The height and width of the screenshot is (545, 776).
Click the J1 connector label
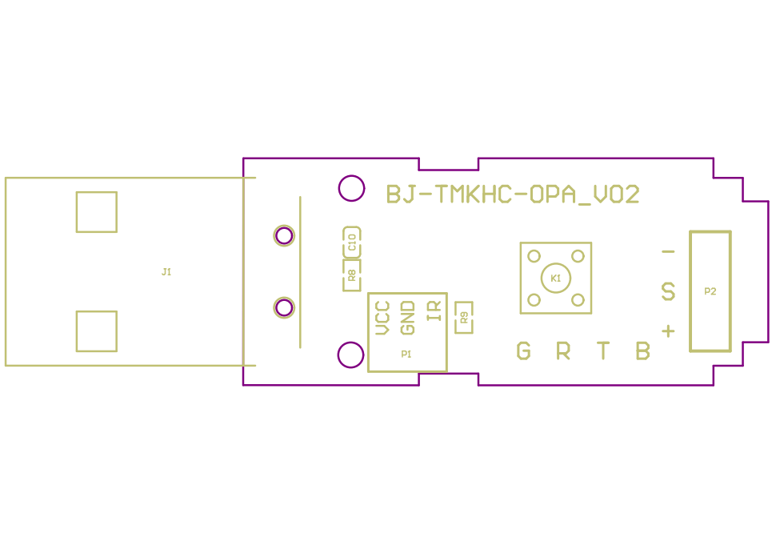[x=166, y=272]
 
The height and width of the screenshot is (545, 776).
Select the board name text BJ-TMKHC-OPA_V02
[x=513, y=194]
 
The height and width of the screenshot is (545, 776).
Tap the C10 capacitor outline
[x=352, y=242]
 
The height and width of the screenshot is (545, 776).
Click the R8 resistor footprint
[x=352, y=275]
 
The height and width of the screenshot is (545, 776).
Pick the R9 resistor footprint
[x=464, y=317]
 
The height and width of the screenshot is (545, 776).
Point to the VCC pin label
[x=382, y=319]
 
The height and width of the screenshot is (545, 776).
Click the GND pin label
[x=407, y=319]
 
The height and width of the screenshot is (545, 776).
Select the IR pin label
[x=434, y=311]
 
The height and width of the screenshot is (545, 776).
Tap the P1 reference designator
[x=406, y=354]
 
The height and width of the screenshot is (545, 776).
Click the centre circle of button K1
[x=556, y=279]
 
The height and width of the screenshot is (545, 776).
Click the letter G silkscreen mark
[x=524, y=351]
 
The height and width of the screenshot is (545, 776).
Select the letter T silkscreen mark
[x=602, y=351]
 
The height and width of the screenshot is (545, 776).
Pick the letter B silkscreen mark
[x=643, y=351]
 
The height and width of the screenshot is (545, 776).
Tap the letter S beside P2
[x=668, y=291]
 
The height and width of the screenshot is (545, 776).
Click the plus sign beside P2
[x=668, y=331]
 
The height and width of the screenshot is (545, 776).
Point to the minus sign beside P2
[x=668, y=252]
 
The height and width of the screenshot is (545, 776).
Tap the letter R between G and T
[x=563, y=351]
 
